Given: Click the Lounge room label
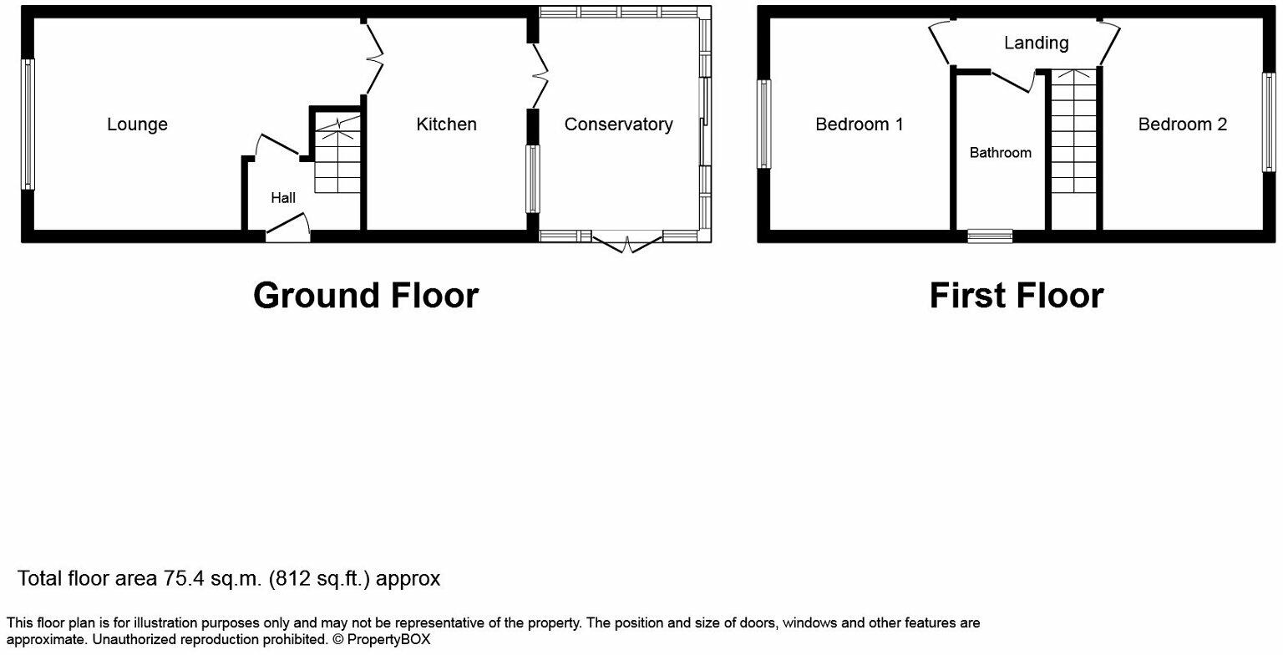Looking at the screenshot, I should pos(137,124).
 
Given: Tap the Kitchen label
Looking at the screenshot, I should pos(447,124).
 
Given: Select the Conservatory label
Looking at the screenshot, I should pos(618,124).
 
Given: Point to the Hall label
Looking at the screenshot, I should pos(283,198).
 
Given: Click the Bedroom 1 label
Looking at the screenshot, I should pos(860,124).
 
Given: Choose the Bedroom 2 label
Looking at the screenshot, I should pos(1183,124).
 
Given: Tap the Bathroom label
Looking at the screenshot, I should pos(1000,153).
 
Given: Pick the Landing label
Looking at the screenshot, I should pos(1036,43).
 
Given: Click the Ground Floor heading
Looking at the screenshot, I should pos(366,296).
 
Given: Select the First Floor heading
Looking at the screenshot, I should pos(1017,296).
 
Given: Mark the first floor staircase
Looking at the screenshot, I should pos(1073,146).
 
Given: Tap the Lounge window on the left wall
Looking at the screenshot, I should pos(28,124).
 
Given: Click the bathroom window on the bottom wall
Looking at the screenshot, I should pos(990,236).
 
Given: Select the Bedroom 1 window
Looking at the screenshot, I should pos(763,124).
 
